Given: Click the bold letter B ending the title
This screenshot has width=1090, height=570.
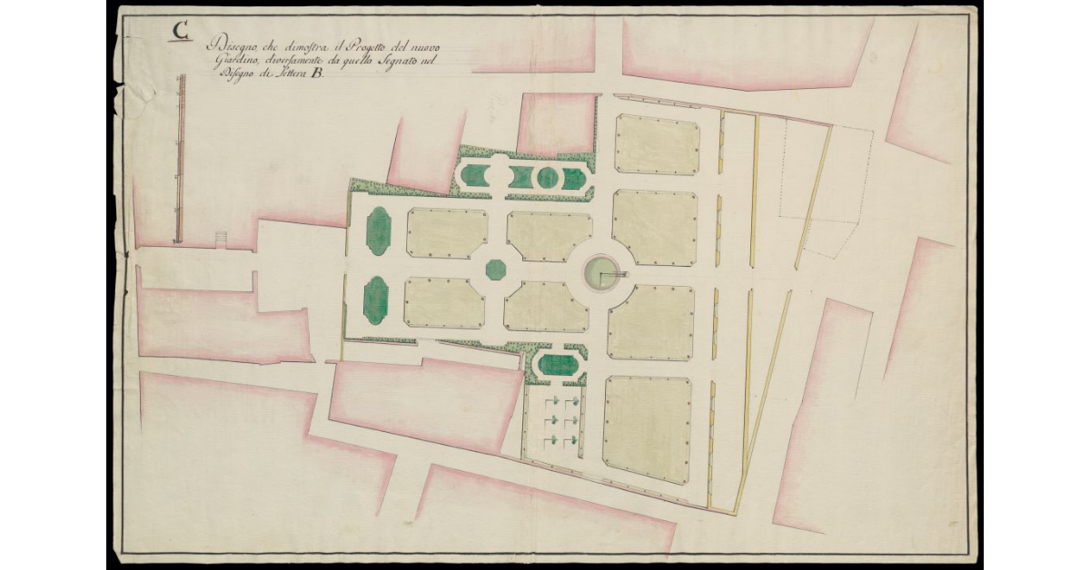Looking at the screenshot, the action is coord(316,76).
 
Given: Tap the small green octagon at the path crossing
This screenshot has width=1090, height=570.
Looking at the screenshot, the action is coord(495,270).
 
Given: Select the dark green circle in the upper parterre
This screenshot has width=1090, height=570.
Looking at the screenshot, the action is coord(546,178).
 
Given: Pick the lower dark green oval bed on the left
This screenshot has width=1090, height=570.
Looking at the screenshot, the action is coord(375,300).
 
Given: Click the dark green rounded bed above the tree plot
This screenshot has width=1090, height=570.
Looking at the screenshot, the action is coord(557,366).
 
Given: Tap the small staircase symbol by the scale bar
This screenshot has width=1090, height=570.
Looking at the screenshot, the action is coord(219,239).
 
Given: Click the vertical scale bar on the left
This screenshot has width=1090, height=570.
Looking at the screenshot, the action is coord(180,159).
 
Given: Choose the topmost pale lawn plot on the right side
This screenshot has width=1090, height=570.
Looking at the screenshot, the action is coord(657,143).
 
